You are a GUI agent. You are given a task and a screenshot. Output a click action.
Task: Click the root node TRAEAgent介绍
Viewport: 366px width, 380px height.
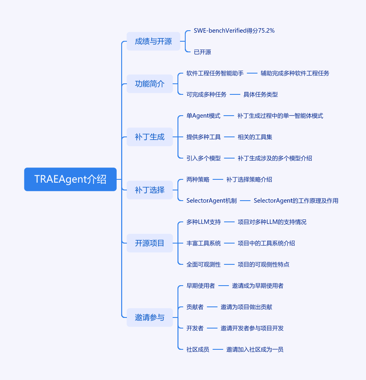pos(70,179)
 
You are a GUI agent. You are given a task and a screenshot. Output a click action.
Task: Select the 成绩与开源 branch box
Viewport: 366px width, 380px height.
pos(153,41)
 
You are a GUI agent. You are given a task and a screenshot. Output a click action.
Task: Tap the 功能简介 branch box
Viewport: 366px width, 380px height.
pos(150,84)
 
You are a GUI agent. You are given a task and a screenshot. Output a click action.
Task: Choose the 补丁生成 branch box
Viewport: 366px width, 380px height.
pos(150,137)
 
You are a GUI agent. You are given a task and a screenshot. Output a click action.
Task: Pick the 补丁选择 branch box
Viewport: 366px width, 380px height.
pos(150,190)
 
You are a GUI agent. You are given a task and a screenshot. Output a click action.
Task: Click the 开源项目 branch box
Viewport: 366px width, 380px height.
pos(150,243)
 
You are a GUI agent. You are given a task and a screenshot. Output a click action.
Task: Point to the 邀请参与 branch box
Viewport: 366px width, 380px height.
pos(150,317)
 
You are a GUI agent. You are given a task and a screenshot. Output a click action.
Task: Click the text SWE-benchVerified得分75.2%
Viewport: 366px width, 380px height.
pos(234,31)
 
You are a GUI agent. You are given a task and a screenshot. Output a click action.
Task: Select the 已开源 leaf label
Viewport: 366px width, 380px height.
pos(202,52)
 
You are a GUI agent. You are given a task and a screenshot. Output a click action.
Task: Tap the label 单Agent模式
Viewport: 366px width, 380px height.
pos(203,116)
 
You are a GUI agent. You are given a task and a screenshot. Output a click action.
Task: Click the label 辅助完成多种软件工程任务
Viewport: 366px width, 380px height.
pos(295,73)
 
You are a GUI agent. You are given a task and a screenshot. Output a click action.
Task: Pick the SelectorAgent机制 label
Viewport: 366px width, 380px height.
pos(212,201)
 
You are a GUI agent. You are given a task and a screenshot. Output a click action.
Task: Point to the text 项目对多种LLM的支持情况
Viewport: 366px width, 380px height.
pos(272,222)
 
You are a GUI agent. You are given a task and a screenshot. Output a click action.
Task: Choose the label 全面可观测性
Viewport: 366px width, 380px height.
pos(204,264)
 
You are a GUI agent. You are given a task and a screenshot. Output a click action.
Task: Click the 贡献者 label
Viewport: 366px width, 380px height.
pos(195,307)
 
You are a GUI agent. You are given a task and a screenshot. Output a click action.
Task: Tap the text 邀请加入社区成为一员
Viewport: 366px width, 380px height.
pos(255,349)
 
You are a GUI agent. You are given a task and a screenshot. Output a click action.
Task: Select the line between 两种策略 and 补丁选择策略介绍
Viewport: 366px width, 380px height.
pos(218,179)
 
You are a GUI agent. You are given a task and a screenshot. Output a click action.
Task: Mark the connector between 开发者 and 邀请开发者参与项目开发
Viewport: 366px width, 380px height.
pos(212,328)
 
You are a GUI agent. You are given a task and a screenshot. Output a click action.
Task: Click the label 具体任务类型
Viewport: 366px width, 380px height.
pos(260,94)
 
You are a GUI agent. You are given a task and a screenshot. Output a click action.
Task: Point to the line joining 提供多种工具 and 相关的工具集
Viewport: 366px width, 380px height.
pos(229,137)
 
